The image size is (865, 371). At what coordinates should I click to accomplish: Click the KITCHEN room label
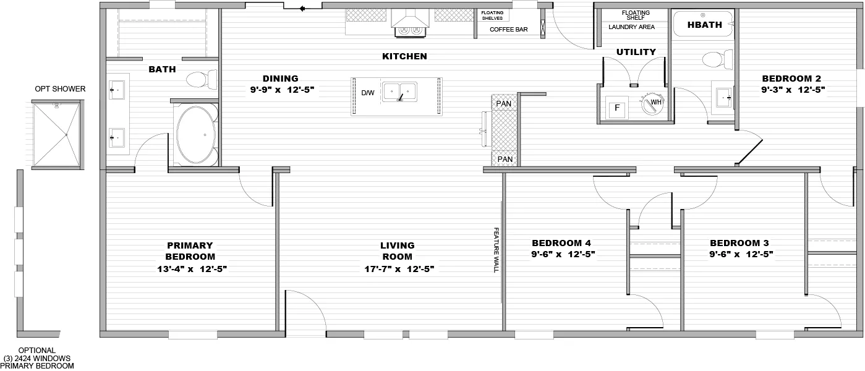404,56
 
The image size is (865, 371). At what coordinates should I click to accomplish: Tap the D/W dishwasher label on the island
368,93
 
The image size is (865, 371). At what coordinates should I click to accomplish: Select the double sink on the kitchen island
399,92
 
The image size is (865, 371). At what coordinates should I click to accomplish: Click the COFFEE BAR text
508,29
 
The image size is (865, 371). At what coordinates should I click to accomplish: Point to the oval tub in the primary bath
196,134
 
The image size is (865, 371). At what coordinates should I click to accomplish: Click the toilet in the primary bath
201,79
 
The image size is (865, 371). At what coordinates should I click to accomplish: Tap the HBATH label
704,25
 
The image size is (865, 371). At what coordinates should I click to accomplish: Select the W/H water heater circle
652,105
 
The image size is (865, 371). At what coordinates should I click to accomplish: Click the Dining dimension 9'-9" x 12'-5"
280,90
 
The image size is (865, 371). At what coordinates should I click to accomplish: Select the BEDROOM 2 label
791,79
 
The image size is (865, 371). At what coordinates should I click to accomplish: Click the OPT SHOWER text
60,89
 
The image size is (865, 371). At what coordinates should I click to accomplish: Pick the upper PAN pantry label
505,103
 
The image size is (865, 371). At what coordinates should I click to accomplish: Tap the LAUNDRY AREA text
631,27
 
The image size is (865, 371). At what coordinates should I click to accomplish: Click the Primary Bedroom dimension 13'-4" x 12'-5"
190,269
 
